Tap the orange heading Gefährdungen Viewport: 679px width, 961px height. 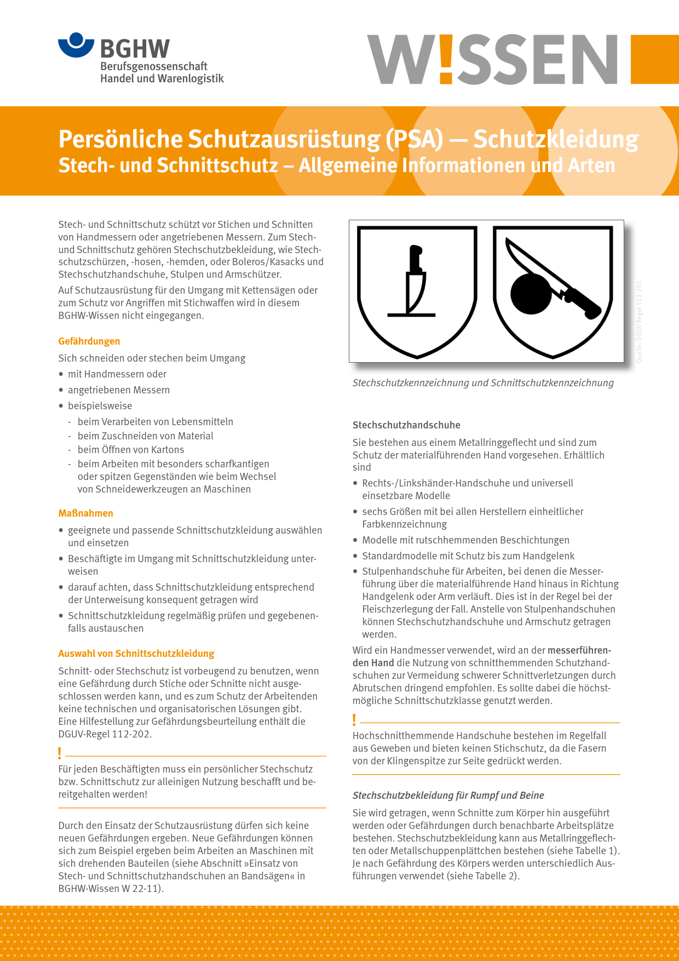coord(89,341)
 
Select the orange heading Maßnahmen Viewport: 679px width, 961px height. coord(86,513)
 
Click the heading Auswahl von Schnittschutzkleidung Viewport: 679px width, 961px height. coord(136,654)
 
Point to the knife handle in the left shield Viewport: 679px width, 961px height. coord(416,259)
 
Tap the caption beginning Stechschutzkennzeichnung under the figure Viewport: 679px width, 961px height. coord(483,383)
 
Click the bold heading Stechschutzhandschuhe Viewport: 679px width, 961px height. coord(406,425)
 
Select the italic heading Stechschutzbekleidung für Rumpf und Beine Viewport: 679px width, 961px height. coord(448,796)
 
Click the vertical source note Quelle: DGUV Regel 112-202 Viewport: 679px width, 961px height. coord(639,322)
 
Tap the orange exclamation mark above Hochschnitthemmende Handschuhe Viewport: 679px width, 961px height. coord(354,719)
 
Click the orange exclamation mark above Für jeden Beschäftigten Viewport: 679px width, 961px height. coord(60,753)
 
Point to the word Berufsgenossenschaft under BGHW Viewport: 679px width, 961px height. coord(154,66)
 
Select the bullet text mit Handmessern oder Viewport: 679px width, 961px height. coord(117,374)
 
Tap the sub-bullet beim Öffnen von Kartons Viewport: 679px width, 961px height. coord(131,450)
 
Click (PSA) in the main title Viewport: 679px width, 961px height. coord(415,139)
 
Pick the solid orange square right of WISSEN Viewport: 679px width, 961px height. coord(654,59)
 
